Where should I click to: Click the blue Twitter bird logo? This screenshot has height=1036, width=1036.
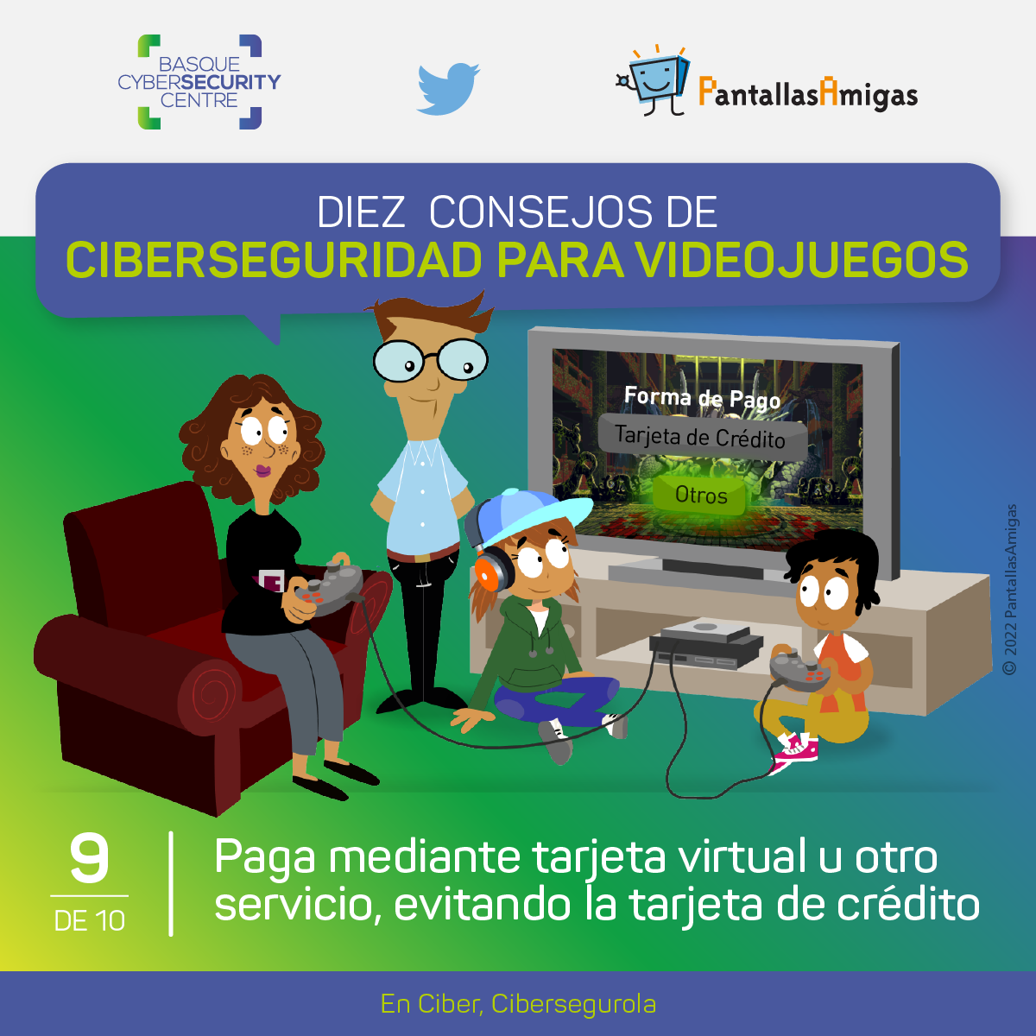click(448, 89)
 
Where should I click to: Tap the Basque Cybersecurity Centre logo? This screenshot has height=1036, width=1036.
click(199, 82)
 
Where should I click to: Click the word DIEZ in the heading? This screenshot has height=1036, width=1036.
click(360, 212)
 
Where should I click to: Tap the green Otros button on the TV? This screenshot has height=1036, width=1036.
click(700, 495)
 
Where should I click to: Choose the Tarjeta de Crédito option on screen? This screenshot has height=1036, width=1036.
click(700, 437)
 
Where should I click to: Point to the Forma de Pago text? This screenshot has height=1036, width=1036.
click(702, 398)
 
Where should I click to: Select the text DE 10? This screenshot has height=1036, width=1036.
click(90, 921)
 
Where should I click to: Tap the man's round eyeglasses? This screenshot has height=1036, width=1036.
click(431, 360)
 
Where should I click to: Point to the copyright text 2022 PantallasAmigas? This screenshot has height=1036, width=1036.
click(1010, 590)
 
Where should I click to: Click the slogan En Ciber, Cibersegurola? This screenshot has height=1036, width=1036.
click(518, 1004)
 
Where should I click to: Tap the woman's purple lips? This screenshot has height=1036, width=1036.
click(263, 471)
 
